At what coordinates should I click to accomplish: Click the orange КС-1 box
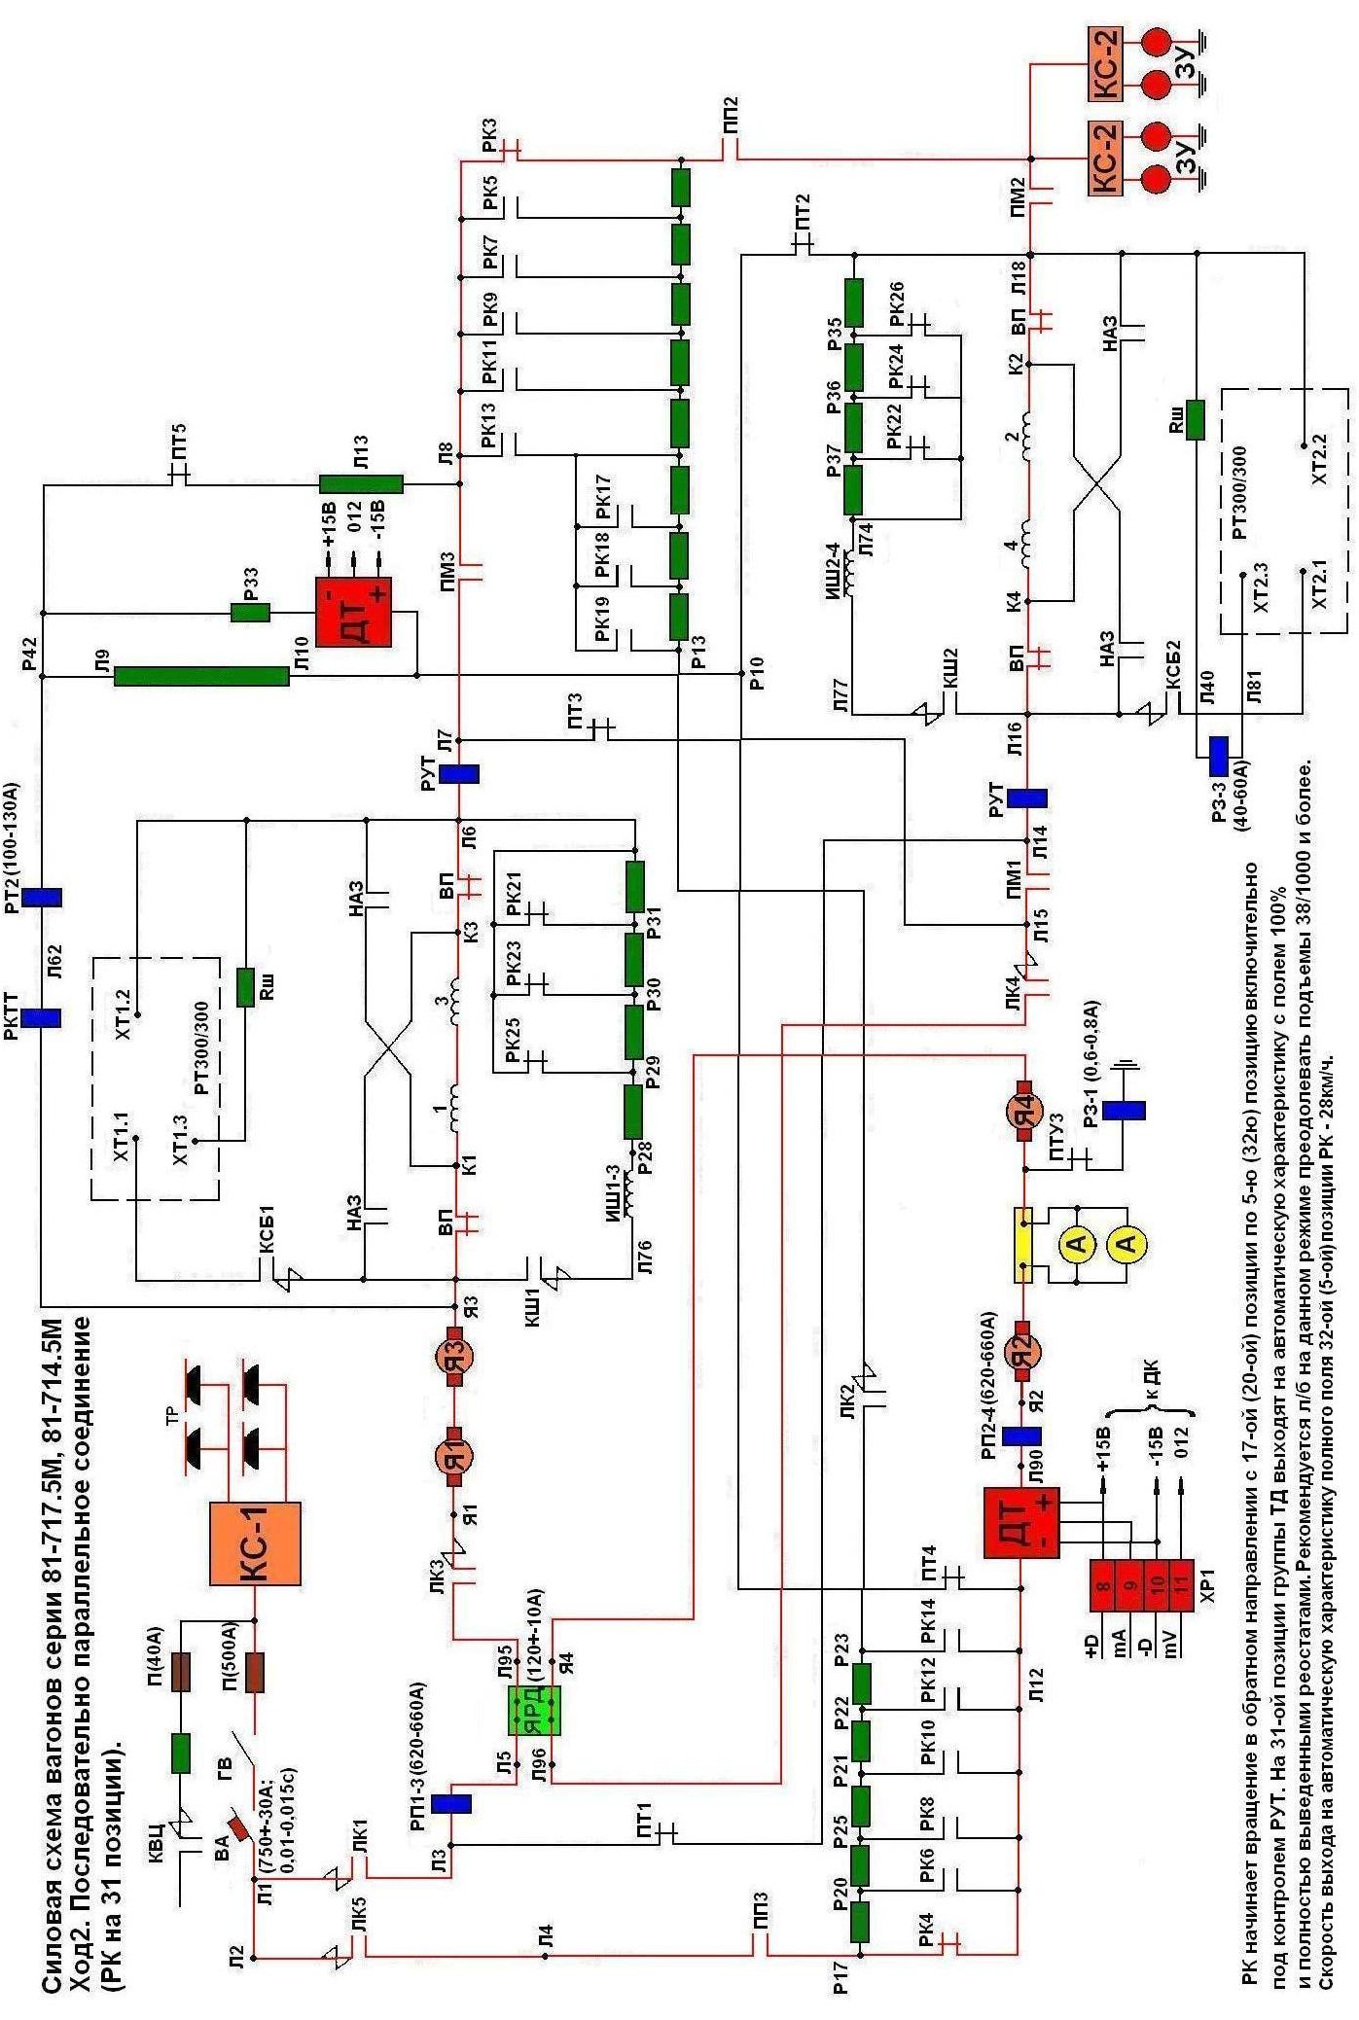click(x=255, y=1543)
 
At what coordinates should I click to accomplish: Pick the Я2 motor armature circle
click(x=1022, y=1351)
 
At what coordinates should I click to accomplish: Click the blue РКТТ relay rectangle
click(x=42, y=1017)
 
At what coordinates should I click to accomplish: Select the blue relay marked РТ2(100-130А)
click(x=42, y=897)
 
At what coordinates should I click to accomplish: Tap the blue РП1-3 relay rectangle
click(x=451, y=1804)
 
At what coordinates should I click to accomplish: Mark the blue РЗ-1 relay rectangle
click(x=1126, y=1110)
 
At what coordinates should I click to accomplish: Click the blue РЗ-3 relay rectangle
click(x=1219, y=756)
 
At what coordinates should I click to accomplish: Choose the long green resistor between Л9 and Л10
click(x=201, y=676)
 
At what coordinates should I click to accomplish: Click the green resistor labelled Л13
click(x=361, y=483)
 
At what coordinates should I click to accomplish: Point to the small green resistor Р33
click(x=250, y=613)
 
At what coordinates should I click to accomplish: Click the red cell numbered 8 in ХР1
click(x=1102, y=1586)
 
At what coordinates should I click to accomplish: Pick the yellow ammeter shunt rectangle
click(x=1023, y=1245)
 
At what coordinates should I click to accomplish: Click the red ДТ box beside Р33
click(x=353, y=612)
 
